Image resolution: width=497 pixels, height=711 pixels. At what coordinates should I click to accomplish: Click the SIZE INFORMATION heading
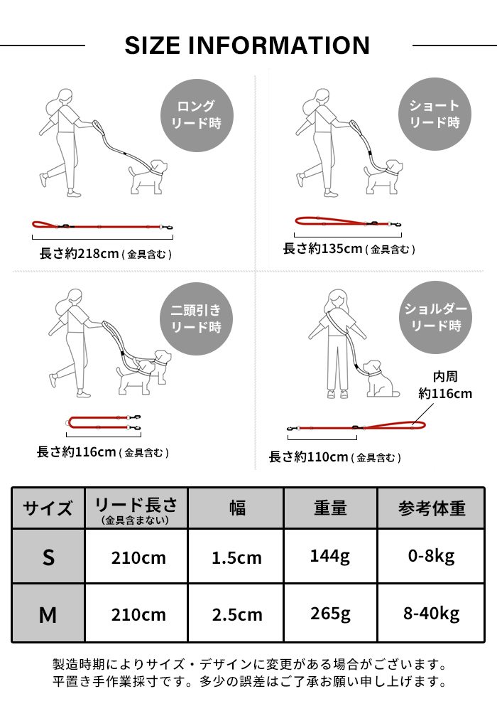[x=247, y=46]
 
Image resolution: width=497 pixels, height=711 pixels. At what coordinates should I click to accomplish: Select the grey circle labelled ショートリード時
[x=434, y=114]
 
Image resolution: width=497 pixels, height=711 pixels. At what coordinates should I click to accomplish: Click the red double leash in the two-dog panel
[x=104, y=422]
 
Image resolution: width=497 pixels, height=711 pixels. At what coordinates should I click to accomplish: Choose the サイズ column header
[x=48, y=508]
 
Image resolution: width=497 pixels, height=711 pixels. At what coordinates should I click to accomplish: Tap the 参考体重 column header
[x=431, y=508]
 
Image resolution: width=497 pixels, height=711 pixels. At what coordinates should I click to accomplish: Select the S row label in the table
[x=48, y=557]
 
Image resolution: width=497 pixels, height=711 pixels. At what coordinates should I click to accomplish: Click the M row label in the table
[x=48, y=614]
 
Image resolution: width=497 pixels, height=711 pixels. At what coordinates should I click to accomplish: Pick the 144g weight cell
[x=329, y=556]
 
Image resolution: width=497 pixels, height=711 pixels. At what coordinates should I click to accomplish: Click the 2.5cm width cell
[x=236, y=614]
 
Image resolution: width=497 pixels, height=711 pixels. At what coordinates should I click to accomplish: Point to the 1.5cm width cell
[x=236, y=557]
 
